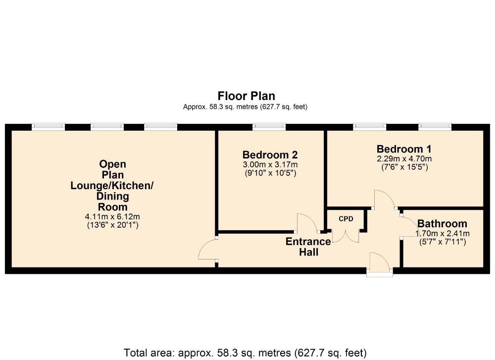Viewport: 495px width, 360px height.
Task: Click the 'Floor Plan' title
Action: [246, 96]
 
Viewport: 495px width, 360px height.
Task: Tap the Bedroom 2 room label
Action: [270, 154]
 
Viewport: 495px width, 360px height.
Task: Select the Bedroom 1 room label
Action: [404, 149]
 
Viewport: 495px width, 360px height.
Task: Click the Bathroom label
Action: [442, 224]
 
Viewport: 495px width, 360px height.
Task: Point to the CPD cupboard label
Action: [346, 219]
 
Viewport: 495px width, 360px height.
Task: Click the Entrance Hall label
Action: [308, 247]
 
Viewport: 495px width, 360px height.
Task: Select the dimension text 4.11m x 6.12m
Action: [112, 216]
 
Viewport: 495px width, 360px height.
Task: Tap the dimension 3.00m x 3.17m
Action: [270, 164]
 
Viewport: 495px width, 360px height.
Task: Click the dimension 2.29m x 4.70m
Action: [404, 158]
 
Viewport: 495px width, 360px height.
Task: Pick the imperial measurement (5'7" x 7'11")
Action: [442, 242]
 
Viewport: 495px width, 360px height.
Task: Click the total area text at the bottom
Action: [246, 353]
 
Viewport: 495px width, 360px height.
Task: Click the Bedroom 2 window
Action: [269, 127]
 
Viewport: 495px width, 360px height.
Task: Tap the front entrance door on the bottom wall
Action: [380, 263]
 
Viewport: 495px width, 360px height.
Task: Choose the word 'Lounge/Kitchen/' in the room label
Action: [112, 185]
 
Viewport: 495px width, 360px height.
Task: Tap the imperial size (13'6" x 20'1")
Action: [113, 225]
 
